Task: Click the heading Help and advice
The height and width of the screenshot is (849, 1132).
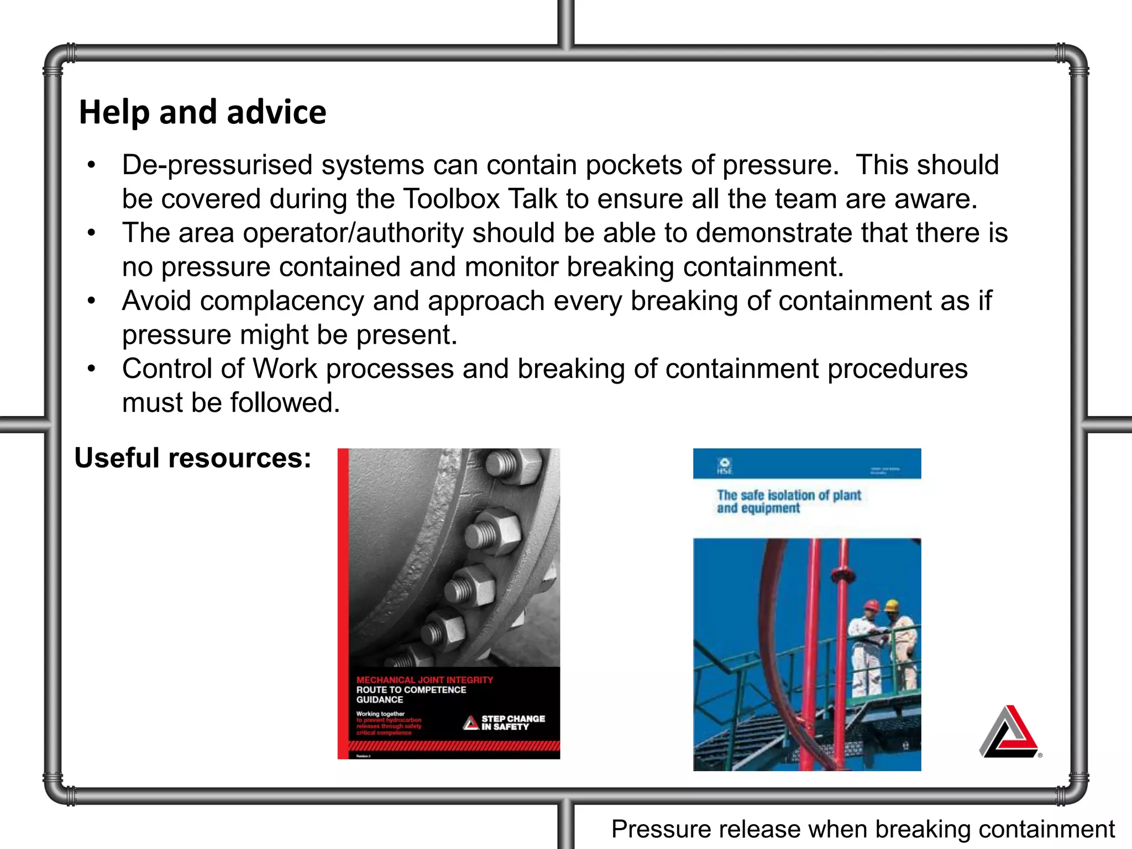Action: click(x=202, y=112)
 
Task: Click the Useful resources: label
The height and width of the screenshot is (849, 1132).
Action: click(x=193, y=458)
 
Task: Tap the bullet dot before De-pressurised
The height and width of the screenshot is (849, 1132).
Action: click(x=92, y=165)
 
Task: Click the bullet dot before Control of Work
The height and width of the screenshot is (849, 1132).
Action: click(x=92, y=368)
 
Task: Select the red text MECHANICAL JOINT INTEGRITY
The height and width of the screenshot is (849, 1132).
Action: click(x=424, y=680)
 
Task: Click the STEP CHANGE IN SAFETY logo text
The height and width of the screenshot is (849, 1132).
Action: click(x=512, y=722)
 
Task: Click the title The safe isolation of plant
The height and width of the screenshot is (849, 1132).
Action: click(x=789, y=495)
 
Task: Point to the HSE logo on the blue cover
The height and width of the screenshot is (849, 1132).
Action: click(x=725, y=465)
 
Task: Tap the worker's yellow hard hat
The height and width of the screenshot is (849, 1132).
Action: click(x=891, y=605)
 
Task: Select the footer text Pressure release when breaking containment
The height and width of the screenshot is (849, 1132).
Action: click(x=862, y=830)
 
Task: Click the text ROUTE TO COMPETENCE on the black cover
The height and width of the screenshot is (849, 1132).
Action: click(x=411, y=690)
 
